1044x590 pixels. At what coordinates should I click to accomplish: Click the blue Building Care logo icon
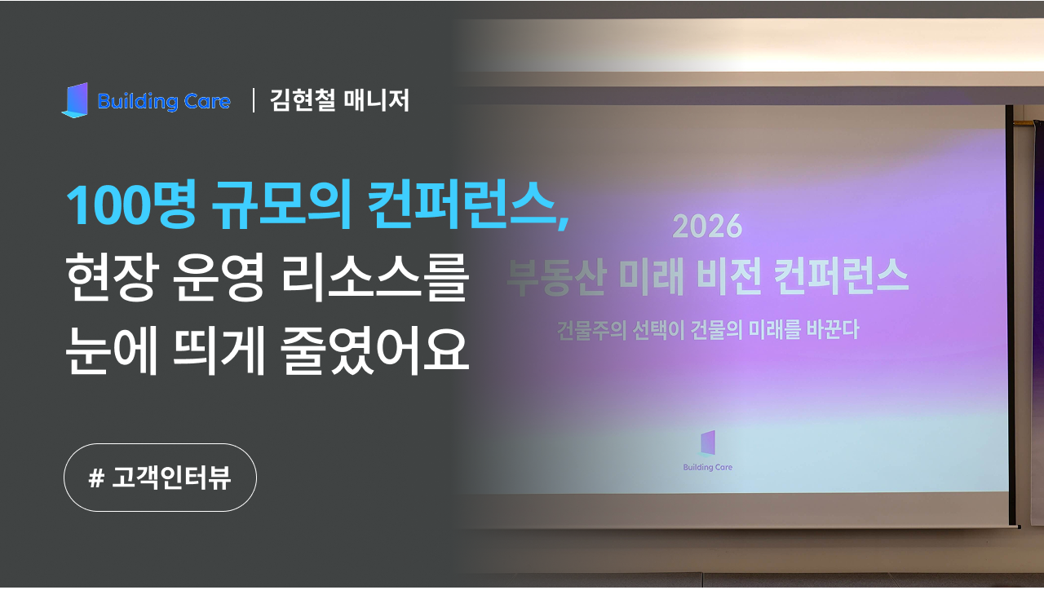pyautogui.click(x=75, y=100)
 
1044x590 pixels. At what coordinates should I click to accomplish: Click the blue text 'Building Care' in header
pyautogui.click(x=163, y=102)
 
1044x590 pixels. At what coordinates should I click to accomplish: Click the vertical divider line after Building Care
pyautogui.click(x=254, y=100)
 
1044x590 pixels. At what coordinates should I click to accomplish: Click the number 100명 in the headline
pyautogui.click(x=130, y=206)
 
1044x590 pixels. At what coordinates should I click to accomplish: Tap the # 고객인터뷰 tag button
pyautogui.click(x=160, y=478)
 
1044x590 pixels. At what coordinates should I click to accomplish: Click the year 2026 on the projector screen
pyautogui.click(x=707, y=227)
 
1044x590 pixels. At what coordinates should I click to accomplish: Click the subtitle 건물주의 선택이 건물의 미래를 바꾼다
pyautogui.click(x=707, y=332)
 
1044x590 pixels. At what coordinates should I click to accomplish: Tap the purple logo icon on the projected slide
pyautogui.click(x=707, y=442)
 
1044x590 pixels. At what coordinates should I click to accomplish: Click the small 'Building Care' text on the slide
pyautogui.click(x=707, y=468)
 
